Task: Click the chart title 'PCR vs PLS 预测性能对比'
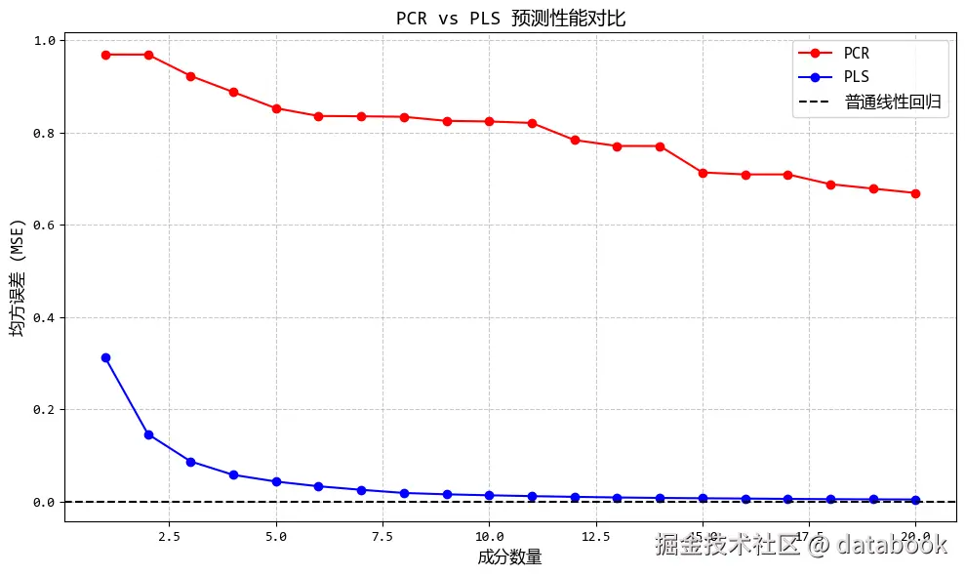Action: pyautogui.click(x=510, y=18)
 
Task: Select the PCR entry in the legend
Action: pyautogui.click(x=856, y=53)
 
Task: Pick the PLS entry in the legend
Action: pyautogui.click(x=856, y=76)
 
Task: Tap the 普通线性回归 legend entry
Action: pyautogui.click(x=896, y=101)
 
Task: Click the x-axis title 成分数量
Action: pyautogui.click(x=509, y=557)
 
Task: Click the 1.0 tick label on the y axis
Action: pyautogui.click(x=45, y=40)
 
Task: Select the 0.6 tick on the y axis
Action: pyautogui.click(x=45, y=226)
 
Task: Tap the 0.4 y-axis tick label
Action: pyautogui.click(x=45, y=317)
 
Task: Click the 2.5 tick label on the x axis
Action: pyautogui.click(x=170, y=536)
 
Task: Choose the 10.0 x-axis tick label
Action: pyautogui.click(x=489, y=536)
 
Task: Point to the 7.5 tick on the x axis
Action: pyautogui.click(x=382, y=536)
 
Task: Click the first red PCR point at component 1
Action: pyautogui.click(x=105, y=55)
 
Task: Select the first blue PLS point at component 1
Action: pyautogui.click(x=105, y=358)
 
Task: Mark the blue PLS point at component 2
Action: pyautogui.click(x=148, y=434)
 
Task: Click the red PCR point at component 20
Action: pyautogui.click(x=915, y=193)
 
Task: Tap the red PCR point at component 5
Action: pyautogui.click(x=276, y=108)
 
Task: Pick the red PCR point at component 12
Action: pyautogui.click(x=575, y=140)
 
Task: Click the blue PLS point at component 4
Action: pyautogui.click(x=233, y=474)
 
